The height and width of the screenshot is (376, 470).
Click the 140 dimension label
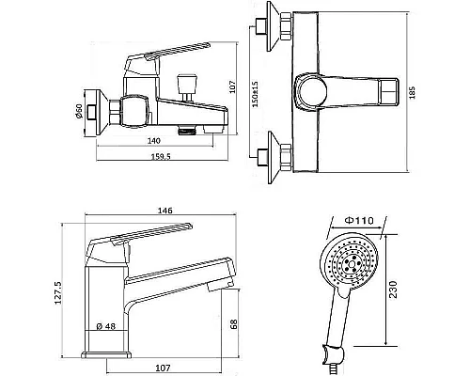click(x=153, y=141)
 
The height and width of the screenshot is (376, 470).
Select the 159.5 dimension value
click(x=161, y=156)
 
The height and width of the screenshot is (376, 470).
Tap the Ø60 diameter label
click(x=78, y=111)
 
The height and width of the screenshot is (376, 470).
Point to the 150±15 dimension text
click(x=256, y=94)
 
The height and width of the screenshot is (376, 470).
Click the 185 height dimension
click(x=412, y=93)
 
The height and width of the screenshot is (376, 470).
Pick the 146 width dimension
click(x=164, y=211)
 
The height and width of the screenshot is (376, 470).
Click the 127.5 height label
click(x=58, y=293)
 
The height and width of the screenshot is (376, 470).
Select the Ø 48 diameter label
click(x=106, y=326)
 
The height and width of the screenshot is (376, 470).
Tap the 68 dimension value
click(x=233, y=324)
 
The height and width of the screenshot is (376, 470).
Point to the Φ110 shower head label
click(x=359, y=221)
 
